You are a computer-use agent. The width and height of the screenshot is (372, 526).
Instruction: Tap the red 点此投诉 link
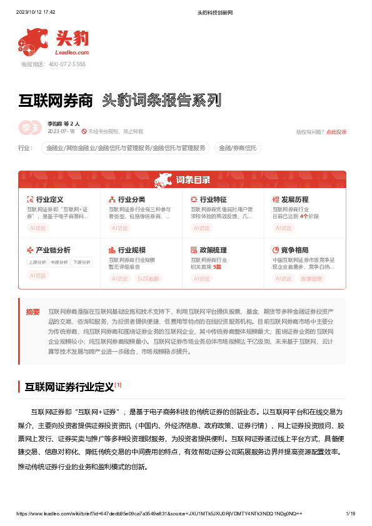click(x=336, y=132)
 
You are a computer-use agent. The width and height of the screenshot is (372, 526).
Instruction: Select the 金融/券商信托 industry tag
click(x=237, y=148)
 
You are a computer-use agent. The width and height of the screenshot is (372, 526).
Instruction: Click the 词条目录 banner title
click(x=193, y=181)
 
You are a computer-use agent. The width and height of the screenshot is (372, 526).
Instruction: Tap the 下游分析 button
click(x=81, y=262)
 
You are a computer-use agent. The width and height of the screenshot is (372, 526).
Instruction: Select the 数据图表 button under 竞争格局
click(x=312, y=279)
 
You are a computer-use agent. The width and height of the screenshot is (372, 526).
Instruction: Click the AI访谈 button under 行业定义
click(x=38, y=228)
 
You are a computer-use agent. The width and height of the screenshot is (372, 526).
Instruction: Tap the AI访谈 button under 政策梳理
click(x=201, y=279)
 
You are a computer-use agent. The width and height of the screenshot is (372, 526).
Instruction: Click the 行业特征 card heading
click(x=213, y=199)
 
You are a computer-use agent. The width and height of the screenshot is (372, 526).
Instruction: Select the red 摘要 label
click(x=33, y=310)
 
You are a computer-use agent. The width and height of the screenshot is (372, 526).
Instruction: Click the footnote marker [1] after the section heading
click(x=118, y=385)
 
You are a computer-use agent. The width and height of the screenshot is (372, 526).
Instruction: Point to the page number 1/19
click(x=350, y=514)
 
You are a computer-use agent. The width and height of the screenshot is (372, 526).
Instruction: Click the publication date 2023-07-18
click(x=61, y=132)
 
